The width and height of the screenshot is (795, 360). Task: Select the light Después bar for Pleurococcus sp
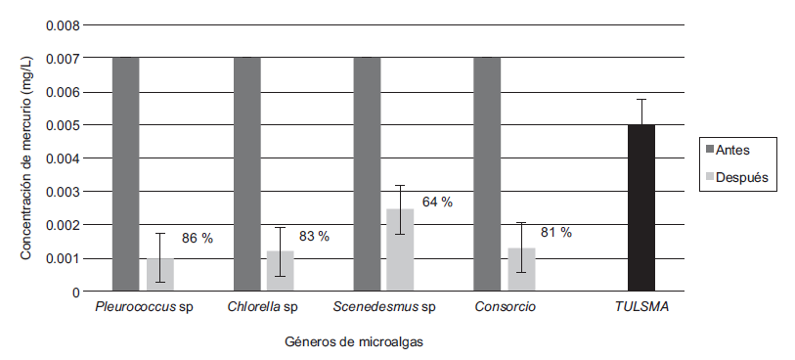160,275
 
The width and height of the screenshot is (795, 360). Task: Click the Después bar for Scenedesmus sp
399,250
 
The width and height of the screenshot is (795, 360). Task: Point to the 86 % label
197,238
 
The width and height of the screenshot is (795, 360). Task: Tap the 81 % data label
555,233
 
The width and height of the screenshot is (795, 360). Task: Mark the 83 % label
314,237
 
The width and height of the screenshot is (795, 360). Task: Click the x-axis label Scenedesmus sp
382,308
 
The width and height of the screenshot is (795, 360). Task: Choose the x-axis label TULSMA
640,308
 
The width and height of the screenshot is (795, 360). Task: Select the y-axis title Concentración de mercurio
26,157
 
